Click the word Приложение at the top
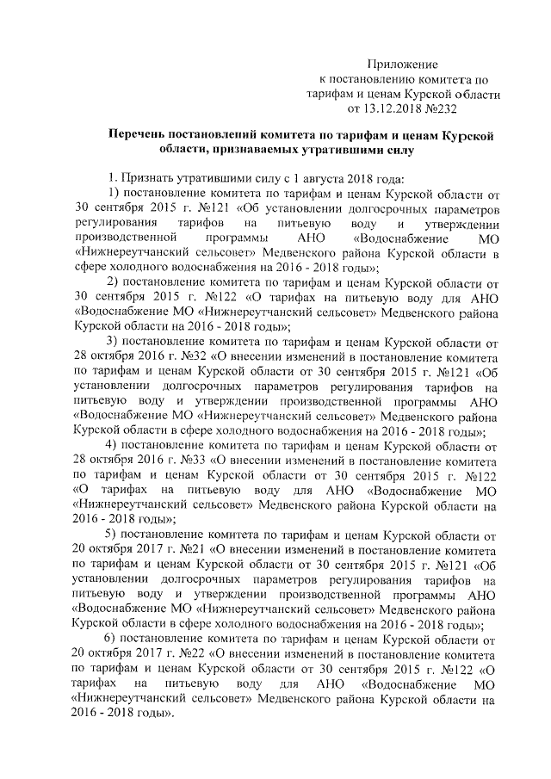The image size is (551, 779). [403, 65]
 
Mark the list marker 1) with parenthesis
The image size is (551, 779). [111, 193]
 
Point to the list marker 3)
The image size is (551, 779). [111, 342]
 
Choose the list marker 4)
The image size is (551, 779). [111, 446]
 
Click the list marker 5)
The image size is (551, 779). [111, 535]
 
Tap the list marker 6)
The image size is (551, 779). [111, 640]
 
